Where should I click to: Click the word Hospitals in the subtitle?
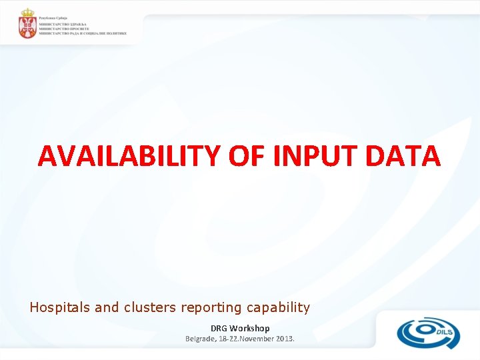pos(60,307)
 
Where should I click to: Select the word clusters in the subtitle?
pos(148,307)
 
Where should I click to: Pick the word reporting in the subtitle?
pos(211,307)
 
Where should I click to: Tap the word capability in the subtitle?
pos(279,307)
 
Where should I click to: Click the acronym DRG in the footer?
pos(219,328)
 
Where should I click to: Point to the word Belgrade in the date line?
pos(202,339)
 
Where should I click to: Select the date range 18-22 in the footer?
pos(233,339)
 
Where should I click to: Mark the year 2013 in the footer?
pos(285,339)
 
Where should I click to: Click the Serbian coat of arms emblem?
pos(27,25)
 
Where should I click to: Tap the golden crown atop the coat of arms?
pos(27,13)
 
